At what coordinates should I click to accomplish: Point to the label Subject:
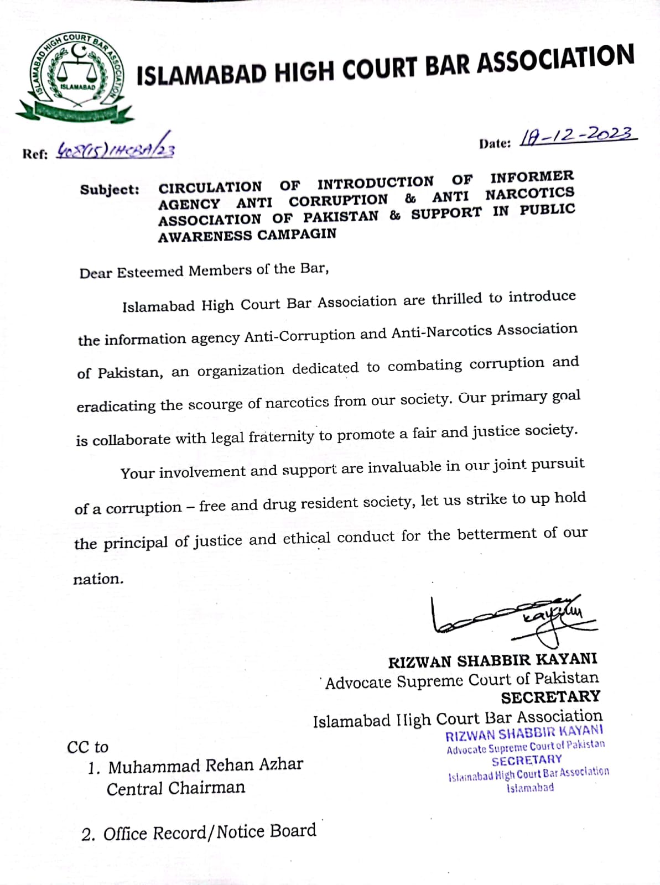pyautogui.click(x=110, y=190)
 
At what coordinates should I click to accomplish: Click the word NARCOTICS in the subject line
pyautogui.click(x=529, y=193)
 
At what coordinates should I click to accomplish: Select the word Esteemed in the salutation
pyautogui.click(x=150, y=272)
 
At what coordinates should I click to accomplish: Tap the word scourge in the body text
pyautogui.click(x=216, y=404)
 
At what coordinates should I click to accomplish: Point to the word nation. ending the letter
pyautogui.click(x=98, y=579)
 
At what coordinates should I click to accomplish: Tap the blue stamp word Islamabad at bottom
pyautogui.click(x=530, y=788)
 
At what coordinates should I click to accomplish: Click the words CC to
pyautogui.click(x=87, y=747)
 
